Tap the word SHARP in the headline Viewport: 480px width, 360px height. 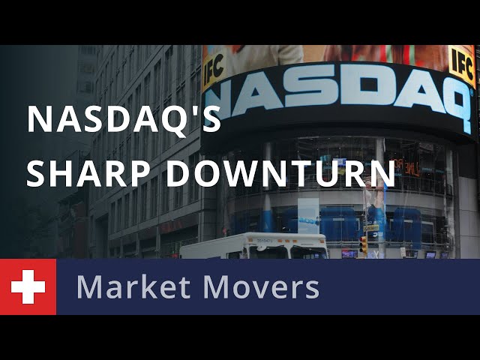76,173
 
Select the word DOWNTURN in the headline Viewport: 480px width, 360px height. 280,173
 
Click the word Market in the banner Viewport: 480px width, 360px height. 133,286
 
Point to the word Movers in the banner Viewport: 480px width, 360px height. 261,287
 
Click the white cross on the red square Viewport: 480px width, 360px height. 28,286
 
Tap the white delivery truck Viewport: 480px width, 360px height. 253,246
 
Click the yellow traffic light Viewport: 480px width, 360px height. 363,244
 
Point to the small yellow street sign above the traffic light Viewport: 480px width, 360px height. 371,228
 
